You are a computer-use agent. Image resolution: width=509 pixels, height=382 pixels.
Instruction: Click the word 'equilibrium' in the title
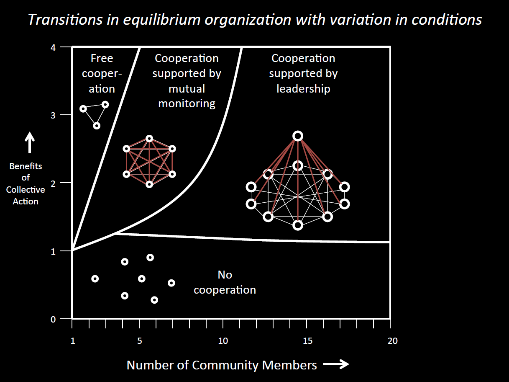pyautogui.click(x=161, y=20)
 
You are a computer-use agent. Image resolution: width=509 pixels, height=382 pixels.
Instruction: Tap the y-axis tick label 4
pyautogui.click(x=53, y=48)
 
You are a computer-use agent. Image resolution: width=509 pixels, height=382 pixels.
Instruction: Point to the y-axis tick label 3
pyautogui.click(x=53, y=115)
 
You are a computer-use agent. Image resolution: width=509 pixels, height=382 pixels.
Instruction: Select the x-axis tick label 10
pyautogui.click(x=223, y=341)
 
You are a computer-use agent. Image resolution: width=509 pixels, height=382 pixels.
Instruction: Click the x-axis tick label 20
pyautogui.click(x=393, y=341)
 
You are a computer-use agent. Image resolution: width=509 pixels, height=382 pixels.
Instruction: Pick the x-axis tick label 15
pyautogui.click(x=307, y=341)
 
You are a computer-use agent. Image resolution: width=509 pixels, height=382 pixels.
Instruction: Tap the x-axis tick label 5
pyautogui.click(x=139, y=341)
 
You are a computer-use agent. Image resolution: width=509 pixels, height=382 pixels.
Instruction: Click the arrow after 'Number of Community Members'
pyautogui.click(x=336, y=364)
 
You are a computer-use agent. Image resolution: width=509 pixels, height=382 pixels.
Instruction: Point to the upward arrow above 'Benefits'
pyautogui.click(x=30, y=142)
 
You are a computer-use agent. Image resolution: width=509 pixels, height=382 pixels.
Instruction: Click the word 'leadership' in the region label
pyautogui.click(x=303, y=89)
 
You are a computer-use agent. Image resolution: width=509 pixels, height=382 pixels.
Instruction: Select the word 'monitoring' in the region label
pyautogui.click(x=187, y=103)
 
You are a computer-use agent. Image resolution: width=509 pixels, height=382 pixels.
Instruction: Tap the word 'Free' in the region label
pyautogui.click(x=102, y=58)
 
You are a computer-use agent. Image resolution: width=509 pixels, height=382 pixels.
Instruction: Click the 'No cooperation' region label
pyautogui.click(x=225, y=282)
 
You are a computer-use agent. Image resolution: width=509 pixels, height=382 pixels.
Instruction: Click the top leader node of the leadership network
pyautogui.click(x=298, y=136)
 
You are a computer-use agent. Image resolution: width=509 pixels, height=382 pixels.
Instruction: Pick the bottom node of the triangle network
pyautogui.click(x=97, y=126)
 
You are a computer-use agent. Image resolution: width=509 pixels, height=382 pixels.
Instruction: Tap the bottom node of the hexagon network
pyautogui.click(x=149, y=185)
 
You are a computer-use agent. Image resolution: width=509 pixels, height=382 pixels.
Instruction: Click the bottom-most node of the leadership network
pyautogui.click(x=298, y=225)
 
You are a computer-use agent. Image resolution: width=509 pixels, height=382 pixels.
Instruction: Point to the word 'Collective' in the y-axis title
pyautogui.click(x=26, y=190)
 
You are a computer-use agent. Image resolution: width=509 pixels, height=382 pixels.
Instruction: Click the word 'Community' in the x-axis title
pyautogui.click(x=225, y=365)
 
